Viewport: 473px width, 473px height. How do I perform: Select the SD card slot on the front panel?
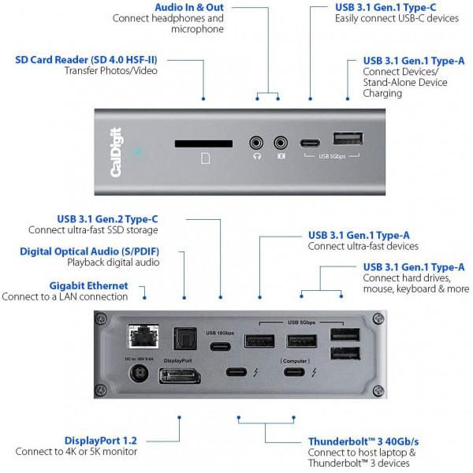[x=203, y=143]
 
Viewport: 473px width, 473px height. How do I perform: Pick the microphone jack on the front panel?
[x=280, y=143]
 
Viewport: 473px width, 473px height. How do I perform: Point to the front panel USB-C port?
[x=311, y=143]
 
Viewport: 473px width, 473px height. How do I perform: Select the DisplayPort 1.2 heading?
[x=101, y=439]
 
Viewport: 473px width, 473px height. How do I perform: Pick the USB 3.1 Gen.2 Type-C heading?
[x=106, y=218]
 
